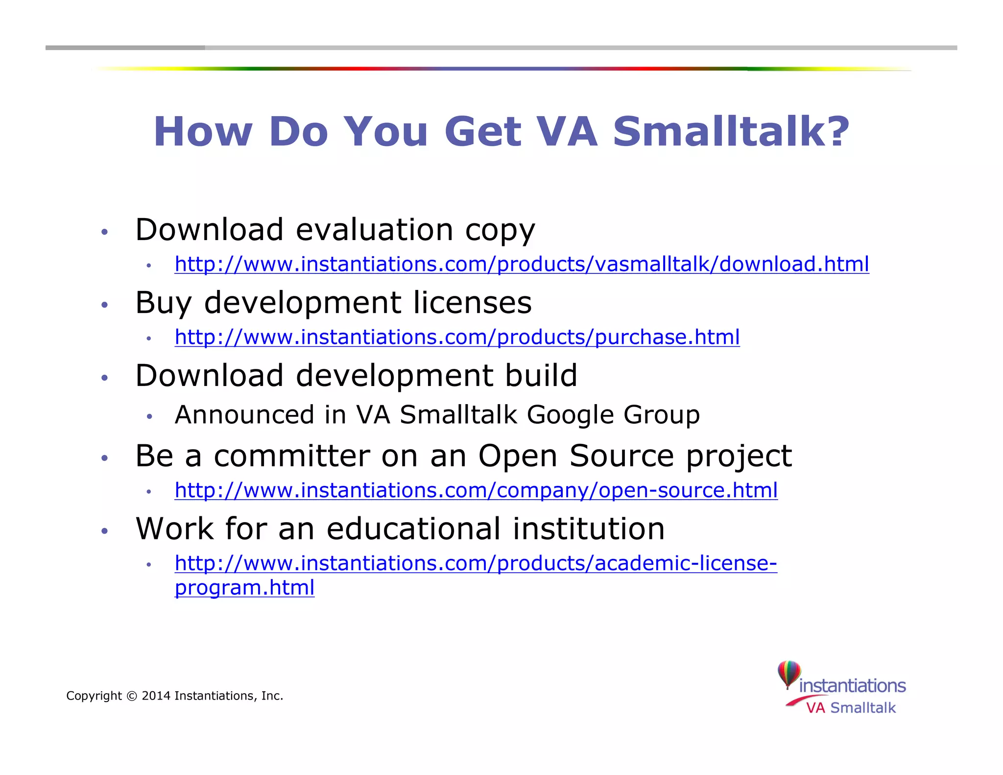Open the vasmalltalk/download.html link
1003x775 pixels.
522,264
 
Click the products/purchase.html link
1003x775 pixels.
457,337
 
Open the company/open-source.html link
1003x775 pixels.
476,490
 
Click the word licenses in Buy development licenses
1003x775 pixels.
472,302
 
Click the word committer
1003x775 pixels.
292,456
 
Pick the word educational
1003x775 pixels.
414,529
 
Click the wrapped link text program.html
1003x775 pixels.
244,587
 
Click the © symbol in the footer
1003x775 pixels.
132,696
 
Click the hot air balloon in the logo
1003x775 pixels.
789,674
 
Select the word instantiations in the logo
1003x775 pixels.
852,686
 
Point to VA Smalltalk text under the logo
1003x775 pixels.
851,708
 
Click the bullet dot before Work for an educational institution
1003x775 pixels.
104,531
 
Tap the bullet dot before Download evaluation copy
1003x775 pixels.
104,232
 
